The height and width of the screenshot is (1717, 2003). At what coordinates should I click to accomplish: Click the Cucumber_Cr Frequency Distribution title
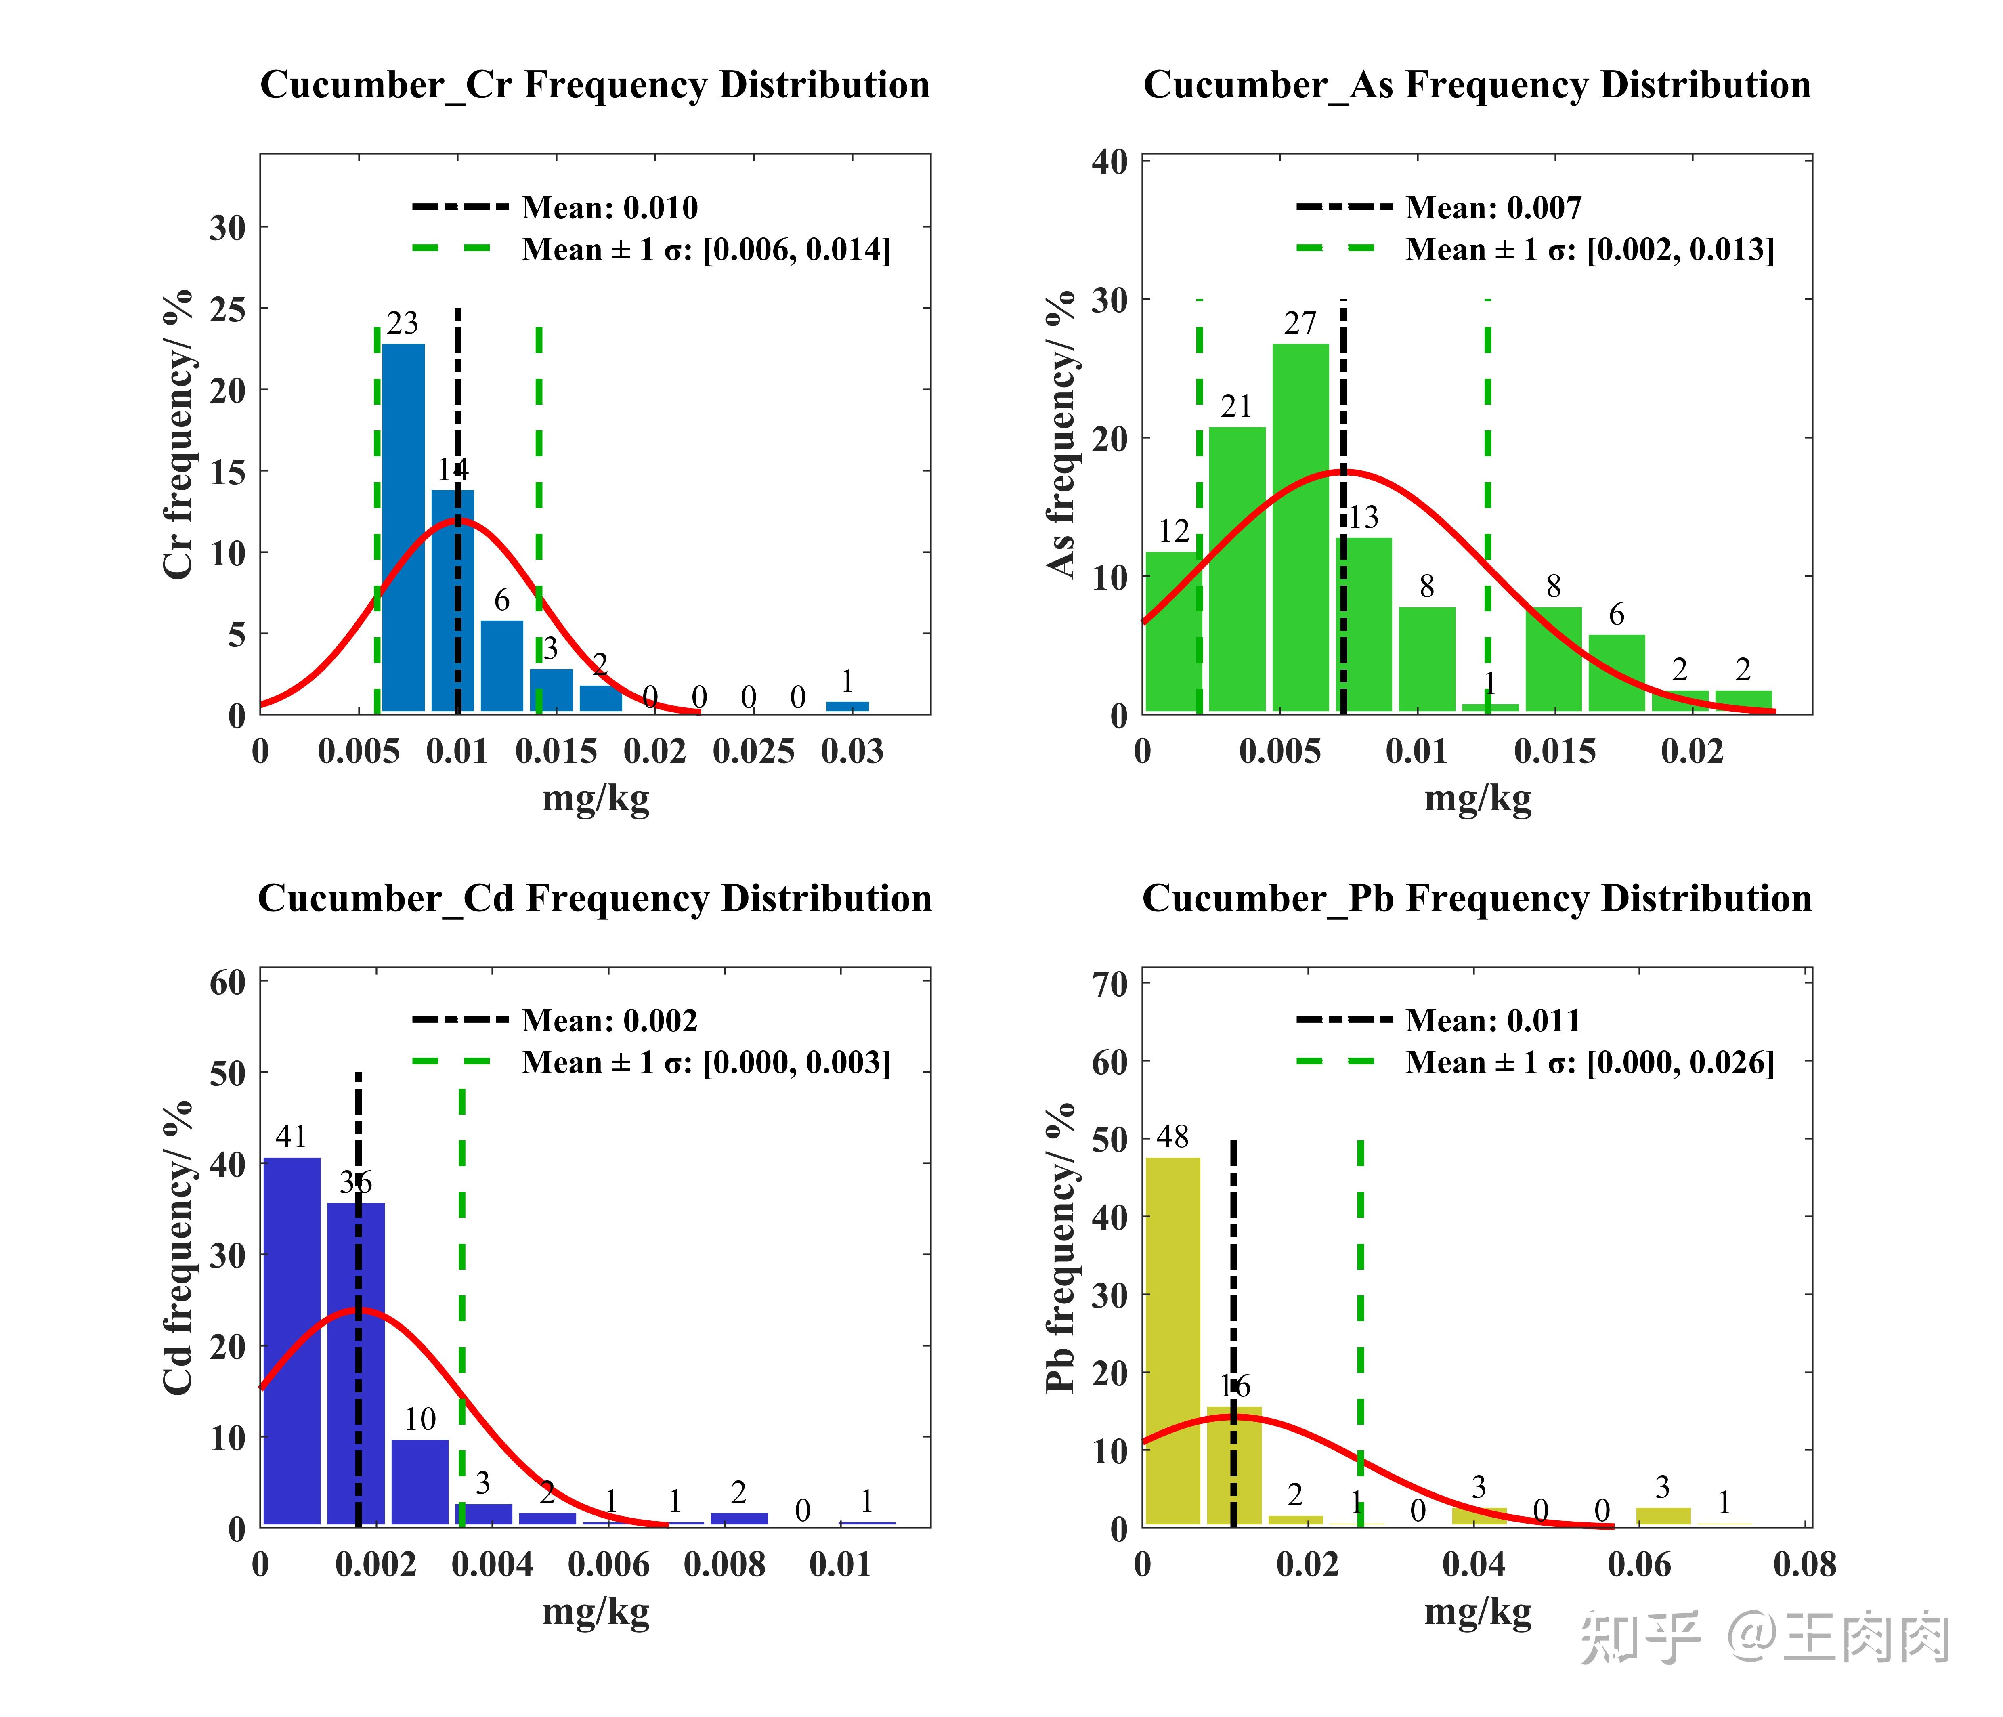[x=594, y=85]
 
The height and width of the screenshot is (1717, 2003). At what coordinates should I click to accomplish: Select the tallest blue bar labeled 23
[x=403, y=527]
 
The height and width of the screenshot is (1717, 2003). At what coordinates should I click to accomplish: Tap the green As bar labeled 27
[x=1300, y=527]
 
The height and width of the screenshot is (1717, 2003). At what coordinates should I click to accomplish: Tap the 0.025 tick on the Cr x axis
[x=753, y=751]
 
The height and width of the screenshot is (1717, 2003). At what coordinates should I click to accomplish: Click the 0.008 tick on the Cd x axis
[x=724, y=1564]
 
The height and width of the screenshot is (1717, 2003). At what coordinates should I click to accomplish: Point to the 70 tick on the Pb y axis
[x=1110, y=984]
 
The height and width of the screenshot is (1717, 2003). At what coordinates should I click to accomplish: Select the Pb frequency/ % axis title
[x=1061, y=1247]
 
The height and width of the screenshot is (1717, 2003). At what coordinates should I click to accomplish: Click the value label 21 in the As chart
[x=1235, y=406]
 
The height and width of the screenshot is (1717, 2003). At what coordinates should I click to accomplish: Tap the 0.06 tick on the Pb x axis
[x=1638, y=1564]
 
